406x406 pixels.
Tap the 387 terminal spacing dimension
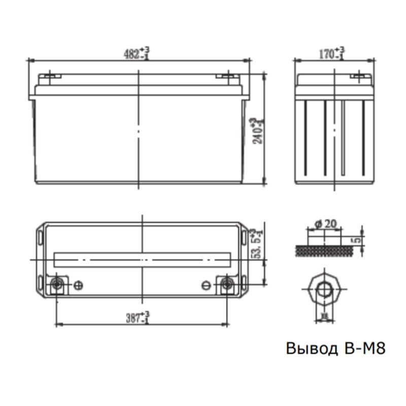tap(138, 317)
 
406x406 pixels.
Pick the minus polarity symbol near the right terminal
tap(206, 285)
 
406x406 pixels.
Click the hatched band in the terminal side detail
tap(323, 251)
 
